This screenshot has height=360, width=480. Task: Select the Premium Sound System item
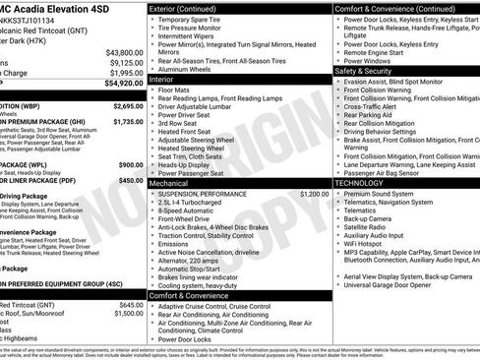coord(380,194)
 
